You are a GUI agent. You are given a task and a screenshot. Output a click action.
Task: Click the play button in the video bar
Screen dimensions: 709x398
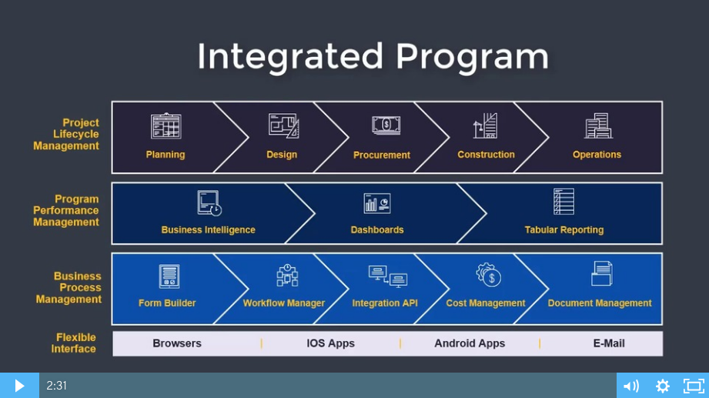(19, 386)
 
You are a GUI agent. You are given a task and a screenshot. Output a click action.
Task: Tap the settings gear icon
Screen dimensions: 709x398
(663, 386)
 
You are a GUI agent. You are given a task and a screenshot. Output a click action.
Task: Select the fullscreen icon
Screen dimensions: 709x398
(694, 386)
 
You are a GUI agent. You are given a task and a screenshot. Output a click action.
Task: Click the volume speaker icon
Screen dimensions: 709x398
(631, 386)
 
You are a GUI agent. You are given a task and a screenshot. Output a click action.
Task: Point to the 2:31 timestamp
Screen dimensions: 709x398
(56, 386)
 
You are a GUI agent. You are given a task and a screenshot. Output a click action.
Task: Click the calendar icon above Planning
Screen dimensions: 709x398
(166, 125)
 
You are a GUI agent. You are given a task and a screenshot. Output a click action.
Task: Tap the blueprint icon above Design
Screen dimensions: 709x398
(283, 125)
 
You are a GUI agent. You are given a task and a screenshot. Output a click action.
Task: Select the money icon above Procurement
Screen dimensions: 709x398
(386, 125)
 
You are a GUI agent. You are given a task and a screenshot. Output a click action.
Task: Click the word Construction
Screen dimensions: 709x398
(486, 155)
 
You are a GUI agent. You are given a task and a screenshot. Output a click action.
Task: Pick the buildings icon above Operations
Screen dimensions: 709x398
(598, 125)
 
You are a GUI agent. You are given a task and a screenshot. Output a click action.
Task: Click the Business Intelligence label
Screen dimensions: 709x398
(208, 229)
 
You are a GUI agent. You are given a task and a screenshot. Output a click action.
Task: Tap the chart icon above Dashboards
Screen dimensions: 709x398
(377, 203)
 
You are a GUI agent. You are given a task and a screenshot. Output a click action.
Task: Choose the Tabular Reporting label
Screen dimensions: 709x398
(564, 229)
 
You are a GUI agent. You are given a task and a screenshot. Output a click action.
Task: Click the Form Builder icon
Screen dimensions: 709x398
(169, 276)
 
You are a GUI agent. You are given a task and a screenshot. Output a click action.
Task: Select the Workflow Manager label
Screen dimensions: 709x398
(284, 303)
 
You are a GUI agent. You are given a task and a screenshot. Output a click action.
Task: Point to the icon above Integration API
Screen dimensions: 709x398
(388, 276)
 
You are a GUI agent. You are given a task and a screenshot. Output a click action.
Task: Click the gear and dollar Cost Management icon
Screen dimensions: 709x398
(488, 275)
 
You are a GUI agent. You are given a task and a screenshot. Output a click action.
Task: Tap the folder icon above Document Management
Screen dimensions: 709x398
(602, 273)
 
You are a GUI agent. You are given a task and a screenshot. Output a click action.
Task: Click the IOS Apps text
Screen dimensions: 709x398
(330, 343)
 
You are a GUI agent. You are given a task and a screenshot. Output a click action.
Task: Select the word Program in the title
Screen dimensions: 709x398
(472, 57)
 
